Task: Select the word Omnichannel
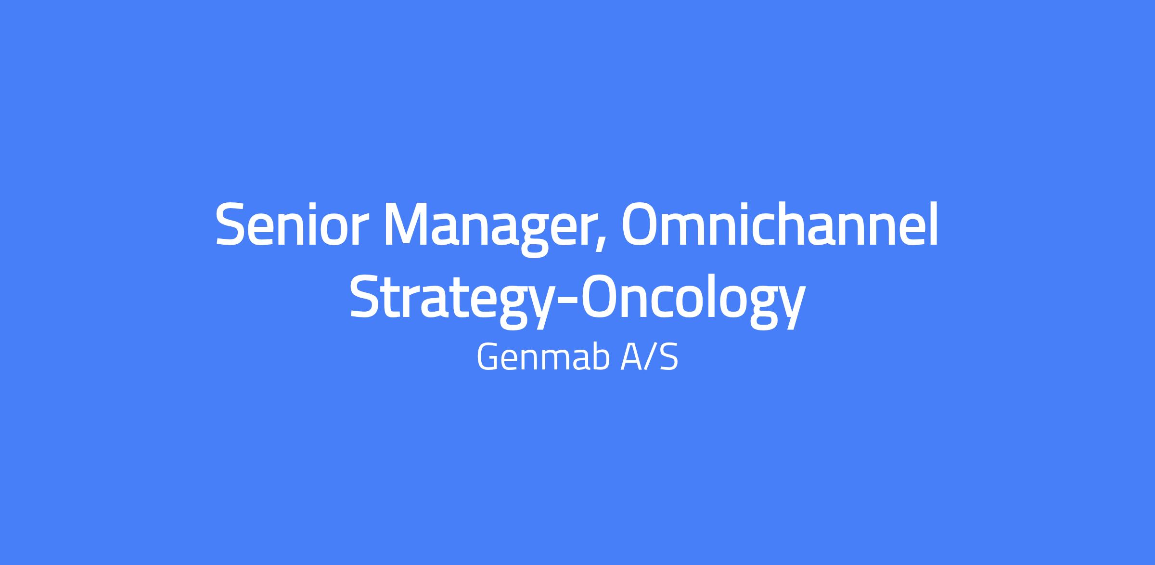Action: point(780,223)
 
